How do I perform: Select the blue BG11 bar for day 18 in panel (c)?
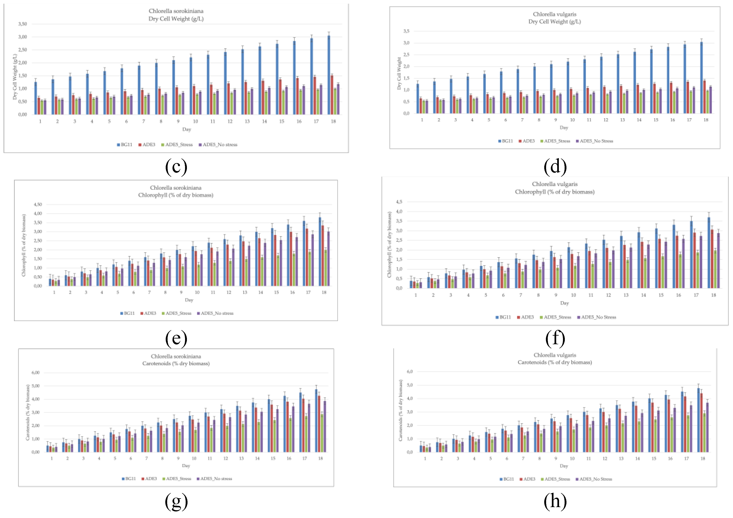(329, 75)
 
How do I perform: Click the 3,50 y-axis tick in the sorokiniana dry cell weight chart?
(23, 24)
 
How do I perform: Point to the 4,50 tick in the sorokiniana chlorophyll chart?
(38, 204)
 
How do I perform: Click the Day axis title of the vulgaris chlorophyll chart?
(564, 303)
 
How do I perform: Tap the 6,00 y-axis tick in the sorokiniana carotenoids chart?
(35, 373)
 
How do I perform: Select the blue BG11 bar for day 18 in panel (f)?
(709, 252)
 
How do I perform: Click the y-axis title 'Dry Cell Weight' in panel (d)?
(399, 73)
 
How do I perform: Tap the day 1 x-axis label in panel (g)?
(52, 458)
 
